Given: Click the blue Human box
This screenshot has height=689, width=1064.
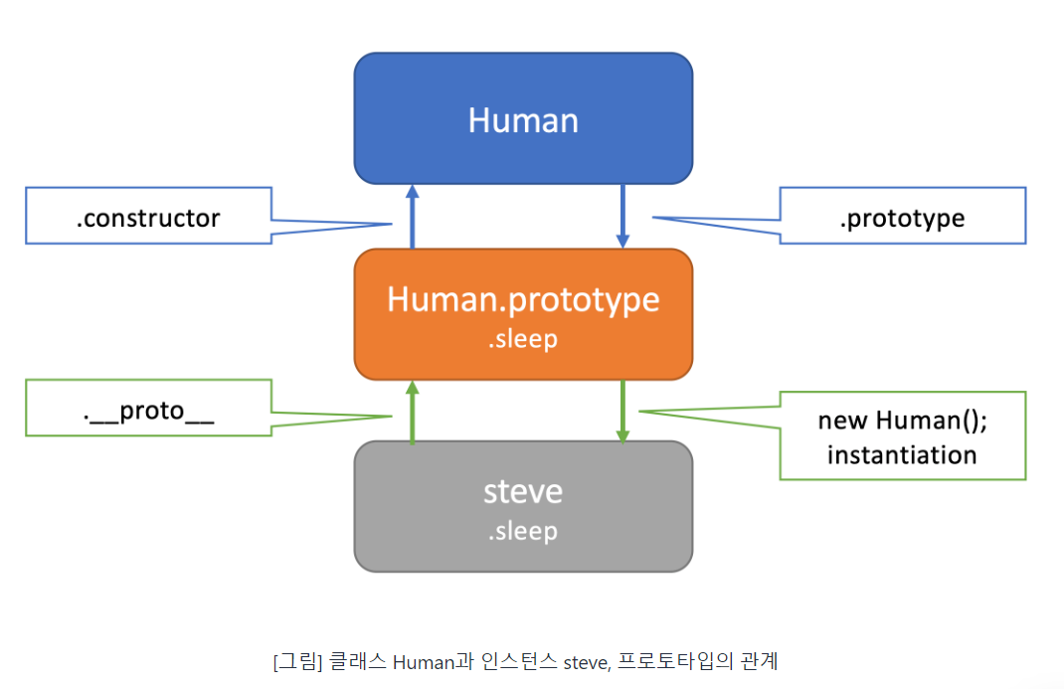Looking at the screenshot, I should point(523,118).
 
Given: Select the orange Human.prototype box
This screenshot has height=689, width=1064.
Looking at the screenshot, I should point(523,314).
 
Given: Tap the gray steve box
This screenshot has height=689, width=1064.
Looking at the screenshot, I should point(523,506).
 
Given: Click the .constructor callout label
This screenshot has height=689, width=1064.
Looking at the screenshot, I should point(148,218).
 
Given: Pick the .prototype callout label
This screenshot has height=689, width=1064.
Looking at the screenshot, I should point(902,218).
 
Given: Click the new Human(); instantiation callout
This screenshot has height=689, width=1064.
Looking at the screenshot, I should point(902,436).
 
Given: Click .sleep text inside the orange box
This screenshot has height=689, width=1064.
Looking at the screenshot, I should point(523,339).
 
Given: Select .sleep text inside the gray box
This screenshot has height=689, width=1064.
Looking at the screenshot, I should point(523,531).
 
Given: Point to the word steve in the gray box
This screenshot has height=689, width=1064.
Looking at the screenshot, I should point(523,491).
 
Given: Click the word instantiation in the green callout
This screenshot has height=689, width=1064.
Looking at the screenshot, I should point(902,455).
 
